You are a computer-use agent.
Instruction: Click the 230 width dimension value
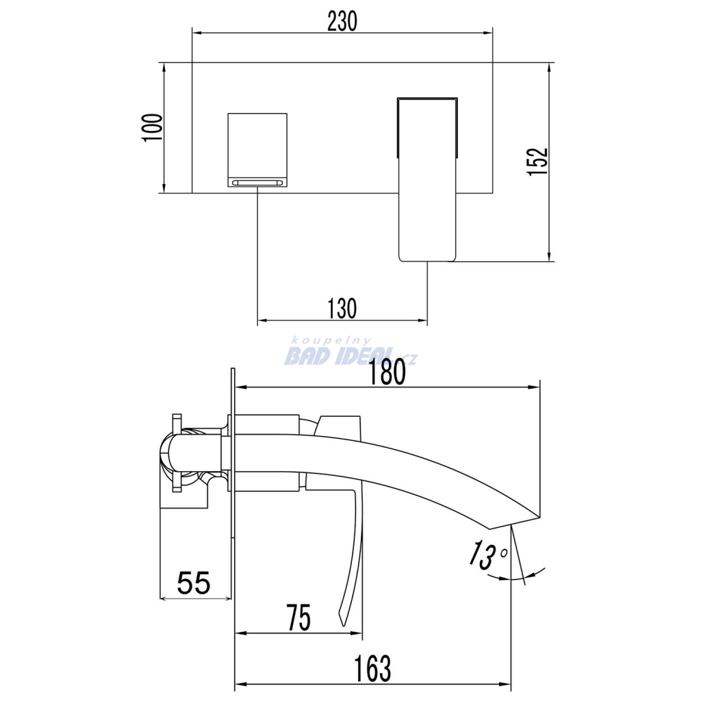342,21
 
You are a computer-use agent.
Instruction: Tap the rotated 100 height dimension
153,128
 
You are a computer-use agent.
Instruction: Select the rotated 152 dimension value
537,162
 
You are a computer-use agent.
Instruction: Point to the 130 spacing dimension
342,309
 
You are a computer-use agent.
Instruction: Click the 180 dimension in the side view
387,372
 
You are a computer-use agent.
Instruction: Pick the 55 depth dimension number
194,583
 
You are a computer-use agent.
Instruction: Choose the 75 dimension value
298,617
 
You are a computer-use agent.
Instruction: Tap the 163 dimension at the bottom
372,669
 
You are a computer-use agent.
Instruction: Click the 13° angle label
487,555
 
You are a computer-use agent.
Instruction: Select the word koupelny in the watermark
331,341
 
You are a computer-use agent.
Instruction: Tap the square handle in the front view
257,150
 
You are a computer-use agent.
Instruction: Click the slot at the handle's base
257,182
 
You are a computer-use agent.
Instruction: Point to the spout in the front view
427,179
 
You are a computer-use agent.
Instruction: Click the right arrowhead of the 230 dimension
487,33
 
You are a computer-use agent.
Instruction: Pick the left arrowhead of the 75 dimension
240,633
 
